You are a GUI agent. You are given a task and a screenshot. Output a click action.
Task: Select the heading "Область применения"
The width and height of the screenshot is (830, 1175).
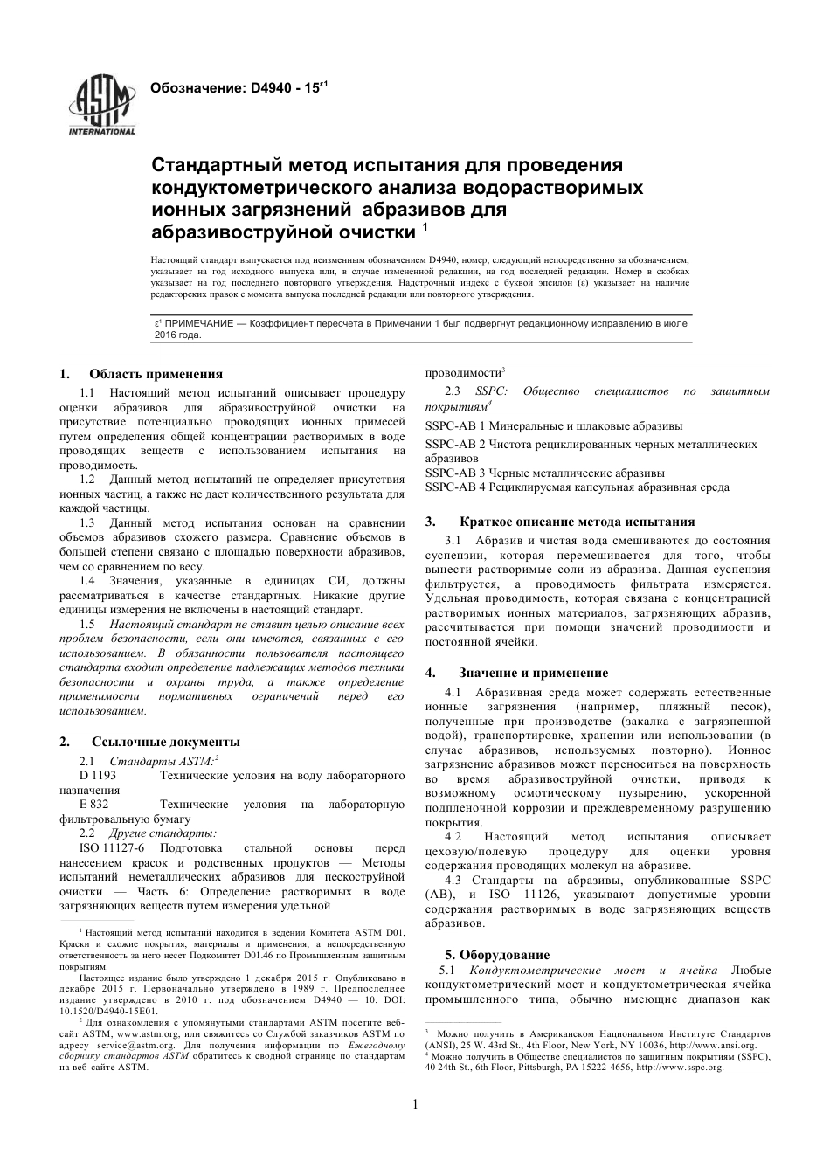(156, 374)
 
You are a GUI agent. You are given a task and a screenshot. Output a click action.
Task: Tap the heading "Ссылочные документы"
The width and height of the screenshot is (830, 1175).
(165, 742)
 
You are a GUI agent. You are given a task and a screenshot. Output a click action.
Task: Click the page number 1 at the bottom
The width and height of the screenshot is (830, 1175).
(415, 1104)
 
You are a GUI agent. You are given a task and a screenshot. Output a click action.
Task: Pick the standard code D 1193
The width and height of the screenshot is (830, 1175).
(98, 776)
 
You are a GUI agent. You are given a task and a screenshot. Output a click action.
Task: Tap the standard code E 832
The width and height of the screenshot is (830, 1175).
(93, 805)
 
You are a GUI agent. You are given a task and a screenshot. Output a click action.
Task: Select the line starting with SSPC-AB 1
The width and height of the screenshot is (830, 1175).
(554, 426)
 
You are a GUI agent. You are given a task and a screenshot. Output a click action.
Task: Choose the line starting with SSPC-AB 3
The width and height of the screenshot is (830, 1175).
(544, 473)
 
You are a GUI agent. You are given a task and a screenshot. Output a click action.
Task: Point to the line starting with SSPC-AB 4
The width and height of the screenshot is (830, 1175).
(577, 487)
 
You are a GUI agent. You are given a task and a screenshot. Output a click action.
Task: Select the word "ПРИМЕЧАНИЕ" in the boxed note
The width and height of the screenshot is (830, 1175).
(192, 324)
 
